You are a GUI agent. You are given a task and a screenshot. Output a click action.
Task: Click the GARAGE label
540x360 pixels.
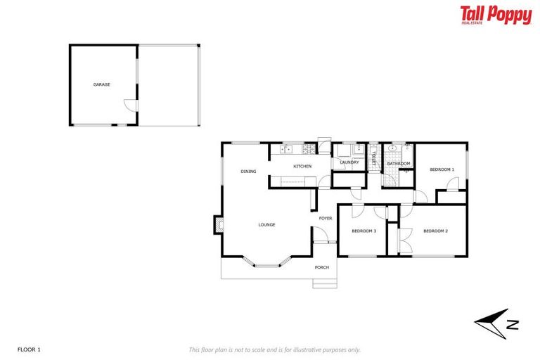tap(102, 84)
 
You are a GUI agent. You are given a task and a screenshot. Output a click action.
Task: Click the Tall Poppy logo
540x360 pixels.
tap(496, 15)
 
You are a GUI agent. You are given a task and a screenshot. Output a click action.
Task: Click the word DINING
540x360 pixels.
tap(248, 172)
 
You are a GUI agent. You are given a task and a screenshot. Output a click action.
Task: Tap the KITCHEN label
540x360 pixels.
tap(302, 166)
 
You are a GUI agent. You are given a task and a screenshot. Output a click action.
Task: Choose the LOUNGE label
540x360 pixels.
tap(266, 225)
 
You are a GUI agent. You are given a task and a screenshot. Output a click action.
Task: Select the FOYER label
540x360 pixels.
tap(326, 219)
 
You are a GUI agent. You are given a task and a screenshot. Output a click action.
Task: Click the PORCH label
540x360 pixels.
tap(322, 267)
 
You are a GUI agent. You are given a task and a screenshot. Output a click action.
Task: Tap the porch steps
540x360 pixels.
tap(325, 283)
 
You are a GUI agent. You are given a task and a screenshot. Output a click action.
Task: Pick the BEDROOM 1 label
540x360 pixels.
tap(442, 169)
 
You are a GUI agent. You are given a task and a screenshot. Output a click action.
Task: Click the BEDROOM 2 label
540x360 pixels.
tap(435, 231)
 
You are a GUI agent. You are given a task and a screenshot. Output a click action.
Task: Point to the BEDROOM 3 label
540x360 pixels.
tap(364, 231)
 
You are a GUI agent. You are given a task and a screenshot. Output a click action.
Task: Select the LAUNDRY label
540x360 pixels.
tap(349, 163)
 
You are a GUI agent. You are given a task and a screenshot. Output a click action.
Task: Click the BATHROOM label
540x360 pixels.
tap(398, 164)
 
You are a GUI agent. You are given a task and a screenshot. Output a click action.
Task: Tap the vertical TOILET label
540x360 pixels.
tap(374, 158)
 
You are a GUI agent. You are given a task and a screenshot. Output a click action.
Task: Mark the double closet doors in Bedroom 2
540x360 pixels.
tap(401, 240)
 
